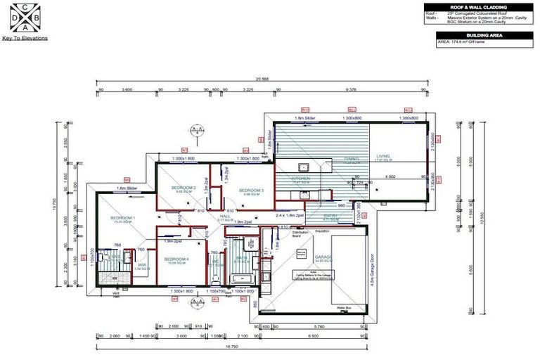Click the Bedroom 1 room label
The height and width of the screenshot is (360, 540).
click(122, 219)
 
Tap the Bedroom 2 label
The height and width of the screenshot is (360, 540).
click(185, 188)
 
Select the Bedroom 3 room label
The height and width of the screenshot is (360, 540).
click(251, 191)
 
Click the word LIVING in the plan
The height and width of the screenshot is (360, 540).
click(382, 156)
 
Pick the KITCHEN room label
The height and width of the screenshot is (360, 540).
click(302, 179)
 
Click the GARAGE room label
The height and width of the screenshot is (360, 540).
click(324, 257)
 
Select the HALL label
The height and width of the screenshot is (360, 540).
click(225, 217)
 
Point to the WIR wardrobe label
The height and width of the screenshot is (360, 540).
click(141, 265)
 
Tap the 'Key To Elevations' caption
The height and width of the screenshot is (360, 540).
click(25, 38)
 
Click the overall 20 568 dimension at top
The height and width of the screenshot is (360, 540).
click(263, 79)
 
